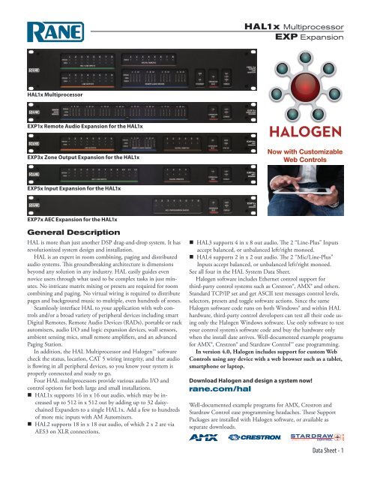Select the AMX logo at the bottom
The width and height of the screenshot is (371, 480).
click(x=223, y=456)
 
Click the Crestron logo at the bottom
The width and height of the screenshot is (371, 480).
click(x=272, y=456)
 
